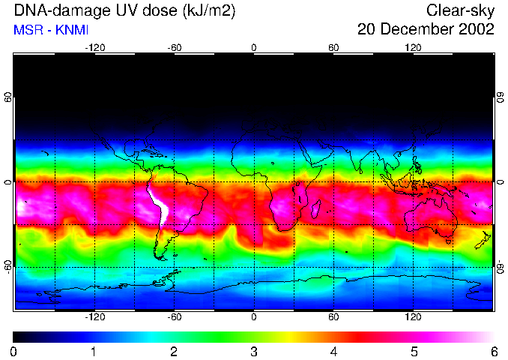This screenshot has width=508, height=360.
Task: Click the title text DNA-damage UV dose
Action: (120, 11)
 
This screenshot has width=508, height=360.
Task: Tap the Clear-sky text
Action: (460, 11)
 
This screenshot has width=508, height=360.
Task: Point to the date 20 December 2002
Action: (426, 30)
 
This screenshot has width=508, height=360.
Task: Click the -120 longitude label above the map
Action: (94, 47)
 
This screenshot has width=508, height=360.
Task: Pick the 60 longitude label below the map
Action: (333, 316)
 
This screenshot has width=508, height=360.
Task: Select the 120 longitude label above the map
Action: (413, 47)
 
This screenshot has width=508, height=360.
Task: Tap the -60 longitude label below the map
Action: (174, 316)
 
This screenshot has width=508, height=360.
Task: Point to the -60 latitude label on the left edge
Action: (8, 266)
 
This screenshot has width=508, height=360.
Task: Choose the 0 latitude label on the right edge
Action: (500, 182)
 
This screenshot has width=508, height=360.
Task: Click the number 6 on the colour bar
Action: (494, 351)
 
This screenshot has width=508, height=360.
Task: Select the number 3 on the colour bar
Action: (254, 351)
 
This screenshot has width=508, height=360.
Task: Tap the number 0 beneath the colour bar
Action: (14, 351)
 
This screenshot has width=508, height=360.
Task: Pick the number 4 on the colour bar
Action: (334, 351)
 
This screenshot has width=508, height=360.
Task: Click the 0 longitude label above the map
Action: (254, 47)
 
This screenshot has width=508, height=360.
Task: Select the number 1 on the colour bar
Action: (94, 351)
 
